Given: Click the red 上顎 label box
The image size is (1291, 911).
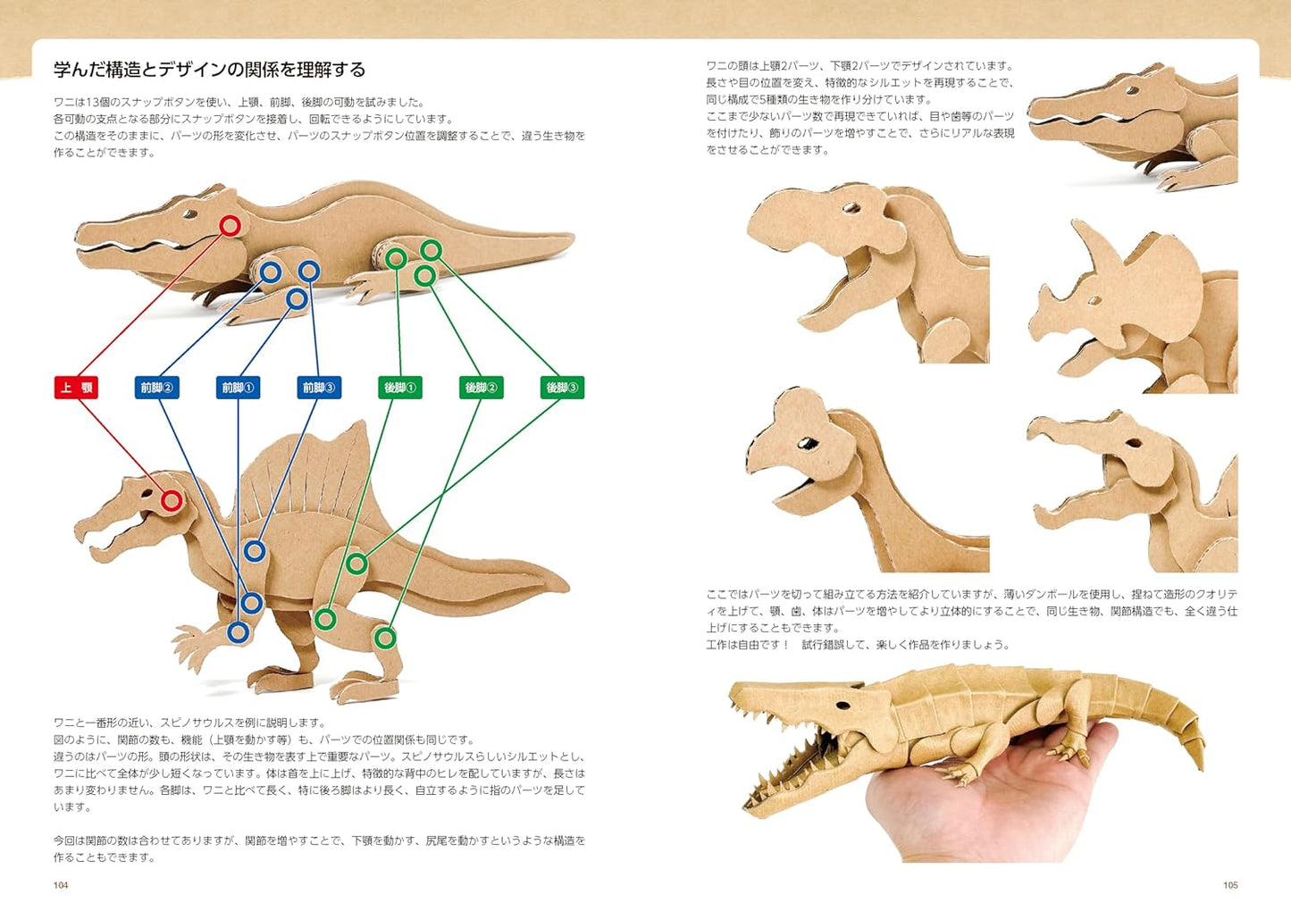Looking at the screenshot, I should click(x=76, y=388).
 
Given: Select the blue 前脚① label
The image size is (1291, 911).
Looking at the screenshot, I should click(x=238, y=388).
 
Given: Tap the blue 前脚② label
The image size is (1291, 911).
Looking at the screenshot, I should click(x=157, y=388).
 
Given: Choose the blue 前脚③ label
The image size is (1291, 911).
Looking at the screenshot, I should click(x=319, y=388).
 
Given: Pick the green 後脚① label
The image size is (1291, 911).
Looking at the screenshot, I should click(x=399, y=388).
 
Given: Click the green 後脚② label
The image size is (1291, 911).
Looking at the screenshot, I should click(x=481, y=388).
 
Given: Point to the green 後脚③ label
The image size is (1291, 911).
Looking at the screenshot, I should click(x=562, y=388).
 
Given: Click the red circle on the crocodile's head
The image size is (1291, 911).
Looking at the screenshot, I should click(x=230, y=226).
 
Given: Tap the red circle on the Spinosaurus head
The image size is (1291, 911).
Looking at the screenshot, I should click(x=172, y=501).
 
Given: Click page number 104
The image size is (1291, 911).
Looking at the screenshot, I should click(x=61, y=885).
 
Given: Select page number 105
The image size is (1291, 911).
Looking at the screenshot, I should click(x=1230, y=885).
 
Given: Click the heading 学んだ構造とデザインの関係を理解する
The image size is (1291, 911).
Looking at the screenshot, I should click(x=209, y=70).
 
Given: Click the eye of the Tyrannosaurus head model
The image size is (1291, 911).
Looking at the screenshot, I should click(x=850, y=208).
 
